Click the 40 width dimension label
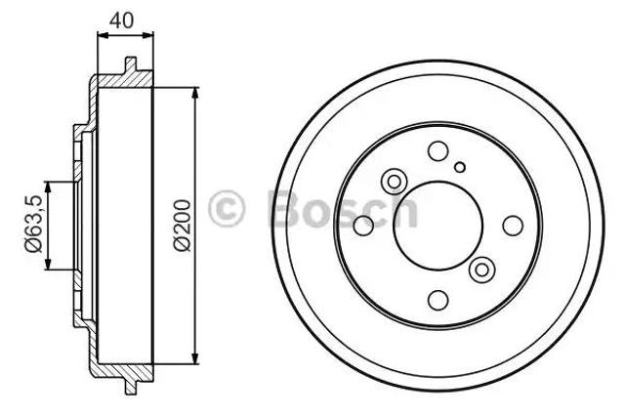(x=121, y=21)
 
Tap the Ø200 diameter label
(x=183, y=226)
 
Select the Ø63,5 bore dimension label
(x=33, y=224)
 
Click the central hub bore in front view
(x=437, y=226)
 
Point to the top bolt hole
(x=437, y=151)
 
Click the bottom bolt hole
(x=437, y=300)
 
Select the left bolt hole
(x=363, y=226)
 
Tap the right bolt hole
(x=513, y=226)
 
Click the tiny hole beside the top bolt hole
(x=460, y=167)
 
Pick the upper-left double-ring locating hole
(x=394, y=182)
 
